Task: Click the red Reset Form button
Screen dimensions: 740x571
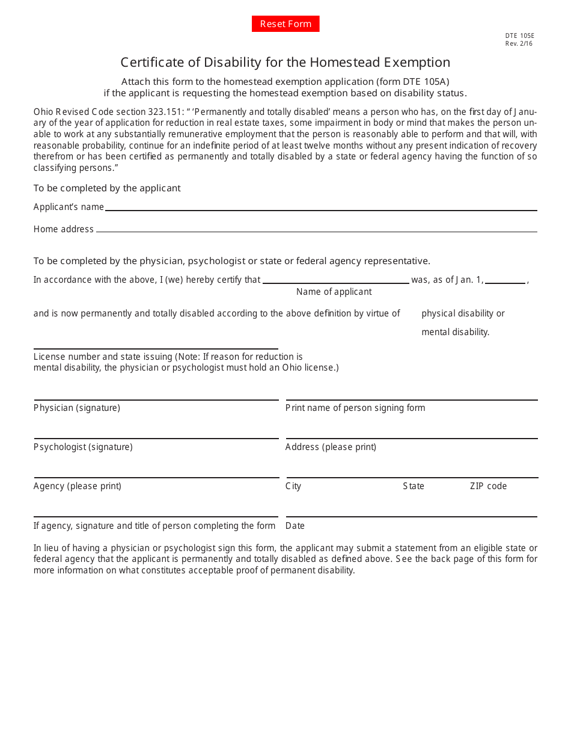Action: tap(285, 24)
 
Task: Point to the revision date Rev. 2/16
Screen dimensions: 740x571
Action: tap(519, 43)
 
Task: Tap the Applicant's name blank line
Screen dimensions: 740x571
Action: tap(320, 208)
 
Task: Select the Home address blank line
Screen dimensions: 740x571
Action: tap(316, 230)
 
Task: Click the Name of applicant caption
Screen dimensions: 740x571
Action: tap(334, 292)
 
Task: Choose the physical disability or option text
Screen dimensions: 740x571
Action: tap(463, 313)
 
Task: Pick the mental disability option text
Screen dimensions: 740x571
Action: tap(455, 332)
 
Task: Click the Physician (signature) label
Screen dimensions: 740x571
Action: tap(77, 408)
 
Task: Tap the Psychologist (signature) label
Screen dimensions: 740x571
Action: tap(83, 447)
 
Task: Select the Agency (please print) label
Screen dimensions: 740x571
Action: tap(78, 486)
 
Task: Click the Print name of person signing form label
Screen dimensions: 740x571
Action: tap(355, 408)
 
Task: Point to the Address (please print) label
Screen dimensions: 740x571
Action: tap(331, 447)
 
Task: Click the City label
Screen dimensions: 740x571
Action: tap(293, 486)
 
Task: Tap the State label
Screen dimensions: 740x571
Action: tap(414, 486)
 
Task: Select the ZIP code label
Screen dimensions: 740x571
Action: tap(488, 486)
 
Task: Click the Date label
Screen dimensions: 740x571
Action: tap(295, 526)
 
